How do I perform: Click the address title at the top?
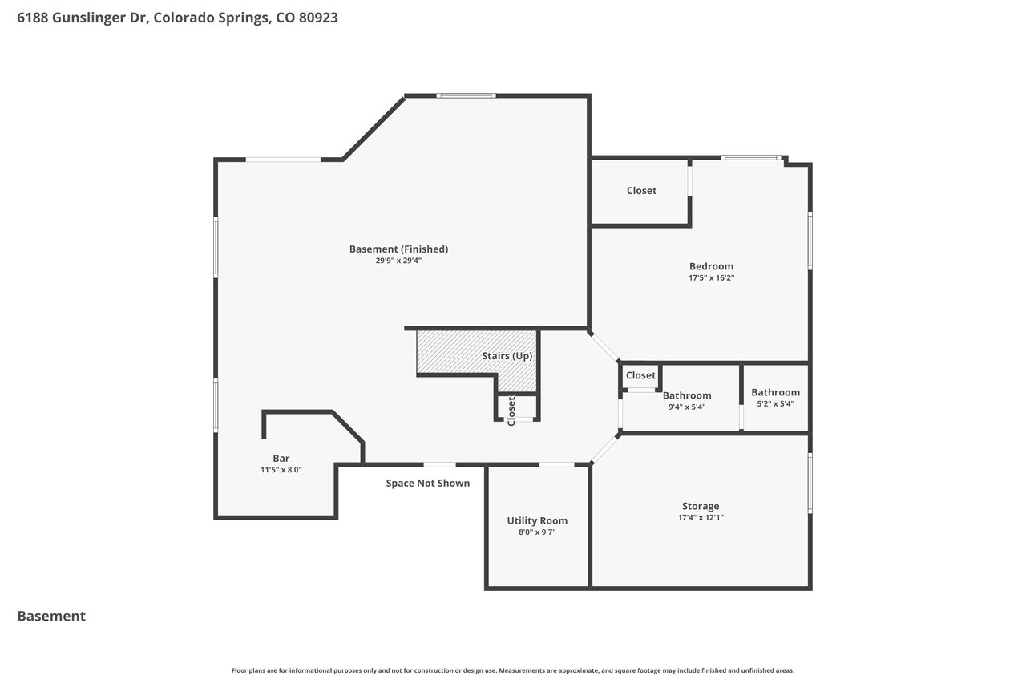point(177,18)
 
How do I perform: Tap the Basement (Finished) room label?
point(398,249)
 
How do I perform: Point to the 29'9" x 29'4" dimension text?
point(398,261)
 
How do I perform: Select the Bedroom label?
point(711,266)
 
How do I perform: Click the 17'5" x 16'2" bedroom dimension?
point(711,277)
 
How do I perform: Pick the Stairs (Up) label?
point(507,356)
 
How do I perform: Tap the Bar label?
point(281,458)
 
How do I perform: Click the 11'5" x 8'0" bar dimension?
point(281,470)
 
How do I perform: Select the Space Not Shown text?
point(428,483)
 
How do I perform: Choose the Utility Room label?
point(537,520)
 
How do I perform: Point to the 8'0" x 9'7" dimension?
point(537,532)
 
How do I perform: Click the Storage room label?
point(701,506)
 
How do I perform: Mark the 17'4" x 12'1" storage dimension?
point(701,518)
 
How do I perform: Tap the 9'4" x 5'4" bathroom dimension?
point(687,407)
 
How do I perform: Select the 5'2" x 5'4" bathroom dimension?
point(775,403)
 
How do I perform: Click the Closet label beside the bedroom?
point(641,191)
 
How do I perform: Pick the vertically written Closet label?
point(511,411)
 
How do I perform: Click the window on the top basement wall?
point(466,95)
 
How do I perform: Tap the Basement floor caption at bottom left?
point(51,616)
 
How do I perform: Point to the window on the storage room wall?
point(810,484)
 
